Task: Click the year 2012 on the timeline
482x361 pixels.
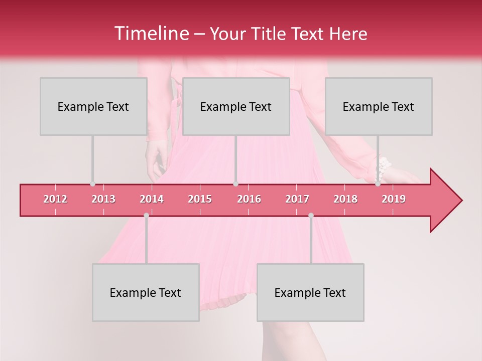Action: [x=55, y=199]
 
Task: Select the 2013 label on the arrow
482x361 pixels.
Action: [x=103, y=199]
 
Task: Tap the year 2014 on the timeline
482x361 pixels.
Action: [x=152, y=199]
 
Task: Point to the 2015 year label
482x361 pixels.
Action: [x=200, y=199]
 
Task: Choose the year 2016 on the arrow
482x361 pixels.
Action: [x=249, y=199]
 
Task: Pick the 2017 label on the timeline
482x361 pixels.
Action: [x=297, y=199]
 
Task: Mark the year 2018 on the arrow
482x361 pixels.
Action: [x=345, y=199]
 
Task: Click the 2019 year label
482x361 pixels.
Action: [x=394, y=199]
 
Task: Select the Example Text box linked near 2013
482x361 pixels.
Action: [x=93, y=106]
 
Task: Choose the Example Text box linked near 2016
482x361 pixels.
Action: [x=236, y=106]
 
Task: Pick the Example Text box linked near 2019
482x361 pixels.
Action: [x=379, y=106]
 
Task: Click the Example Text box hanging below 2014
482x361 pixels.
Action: [x=146, y=292]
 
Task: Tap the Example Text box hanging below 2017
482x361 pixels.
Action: [x=310, y=292]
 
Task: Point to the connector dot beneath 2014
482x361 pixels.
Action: [x=146, y=215]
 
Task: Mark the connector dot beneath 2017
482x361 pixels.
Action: [x=311, y=215]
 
